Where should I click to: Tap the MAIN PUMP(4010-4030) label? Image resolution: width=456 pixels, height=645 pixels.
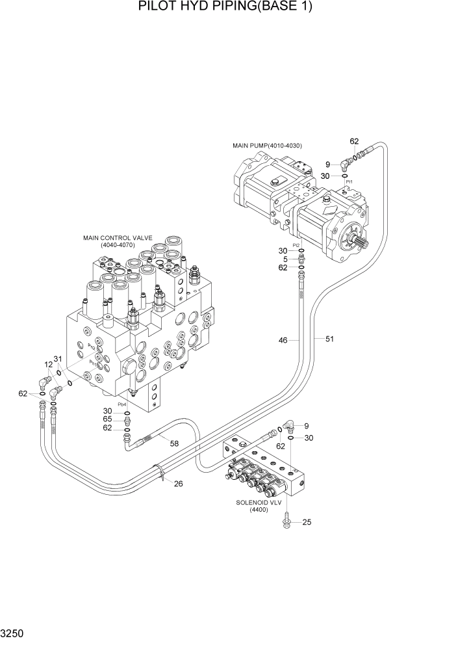[267, 145]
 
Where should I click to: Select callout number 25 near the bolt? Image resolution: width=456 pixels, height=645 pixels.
[308, 522]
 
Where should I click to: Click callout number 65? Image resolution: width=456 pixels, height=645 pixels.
[107, 419]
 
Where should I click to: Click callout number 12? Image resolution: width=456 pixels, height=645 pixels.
[48, 365]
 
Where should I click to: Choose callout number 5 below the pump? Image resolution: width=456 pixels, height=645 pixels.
[284, 259]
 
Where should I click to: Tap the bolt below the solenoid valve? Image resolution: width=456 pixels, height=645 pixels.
[286, 520]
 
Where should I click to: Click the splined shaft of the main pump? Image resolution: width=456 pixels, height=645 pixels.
[361, 247]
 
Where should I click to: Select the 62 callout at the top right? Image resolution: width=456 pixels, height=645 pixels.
[354, 141]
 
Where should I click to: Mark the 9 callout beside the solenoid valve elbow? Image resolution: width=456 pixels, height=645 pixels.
[307, 426]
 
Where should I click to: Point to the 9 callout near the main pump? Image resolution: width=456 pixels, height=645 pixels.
[328, 165]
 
